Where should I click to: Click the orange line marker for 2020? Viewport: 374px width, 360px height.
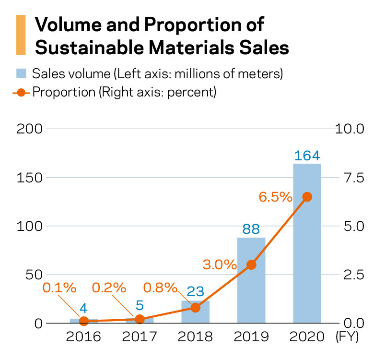tap(307, 197)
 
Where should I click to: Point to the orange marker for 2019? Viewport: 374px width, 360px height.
tap(251, 264)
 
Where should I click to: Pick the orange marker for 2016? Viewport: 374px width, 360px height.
tap(84, 321)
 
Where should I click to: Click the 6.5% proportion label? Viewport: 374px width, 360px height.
tap(275, 197)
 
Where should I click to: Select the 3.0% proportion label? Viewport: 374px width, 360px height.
tap(220, 264)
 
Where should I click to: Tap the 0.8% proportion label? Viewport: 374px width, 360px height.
tap(160, 288)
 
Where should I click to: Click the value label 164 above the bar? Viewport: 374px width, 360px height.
tap(307, 156)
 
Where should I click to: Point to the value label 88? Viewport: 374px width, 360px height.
tap(251, 229)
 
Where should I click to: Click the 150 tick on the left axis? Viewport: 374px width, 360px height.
tap(30, 178)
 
